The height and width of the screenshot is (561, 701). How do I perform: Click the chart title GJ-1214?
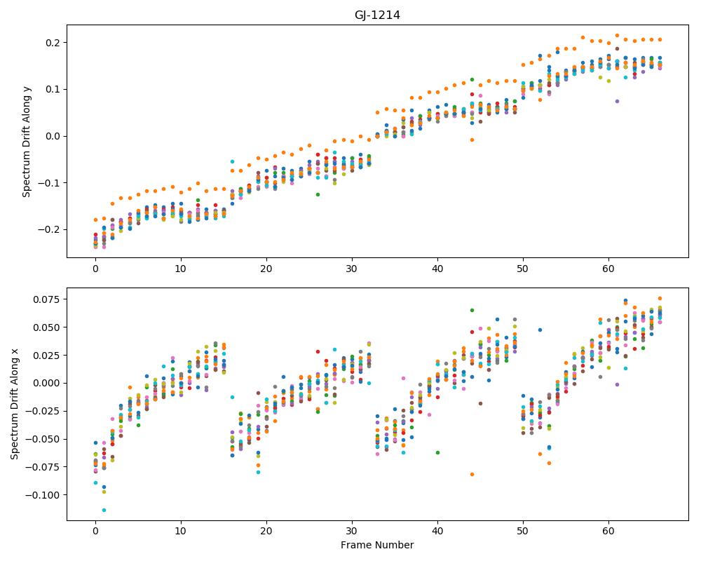(x=377, y=15)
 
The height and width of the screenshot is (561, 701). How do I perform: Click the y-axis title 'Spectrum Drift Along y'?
(x=27, y=141)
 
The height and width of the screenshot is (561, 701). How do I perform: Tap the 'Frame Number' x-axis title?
(x=377, y=545)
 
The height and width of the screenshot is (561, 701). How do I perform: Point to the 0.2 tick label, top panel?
(x=54, y=43)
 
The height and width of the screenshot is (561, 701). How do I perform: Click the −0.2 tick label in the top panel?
(x=50, y=229)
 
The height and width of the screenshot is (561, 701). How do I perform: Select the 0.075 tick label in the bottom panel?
(x=47, y=299)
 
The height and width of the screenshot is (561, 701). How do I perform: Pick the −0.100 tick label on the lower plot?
(x=43, y=495)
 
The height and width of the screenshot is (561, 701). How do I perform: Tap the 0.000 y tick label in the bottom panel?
(x=47, y=383)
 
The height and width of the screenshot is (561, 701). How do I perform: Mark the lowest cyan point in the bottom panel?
(x=104, y=510)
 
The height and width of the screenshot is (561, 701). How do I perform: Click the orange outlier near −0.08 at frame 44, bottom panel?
(x=472, y=474)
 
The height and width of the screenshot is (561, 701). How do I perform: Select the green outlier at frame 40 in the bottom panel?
(x=437, y=453)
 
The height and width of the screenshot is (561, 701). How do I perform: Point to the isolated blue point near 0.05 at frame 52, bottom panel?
(x=540, y=330)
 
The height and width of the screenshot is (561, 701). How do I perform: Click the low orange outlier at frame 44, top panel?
(x=472, y=140)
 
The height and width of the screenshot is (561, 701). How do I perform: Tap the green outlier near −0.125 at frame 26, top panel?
(x=318, y=195)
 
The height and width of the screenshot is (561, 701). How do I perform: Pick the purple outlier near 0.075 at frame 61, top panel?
(x=617, y=101)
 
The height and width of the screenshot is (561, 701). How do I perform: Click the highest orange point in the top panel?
(x=617, y=35)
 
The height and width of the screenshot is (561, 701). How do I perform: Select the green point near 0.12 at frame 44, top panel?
(x=472, y=80)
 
